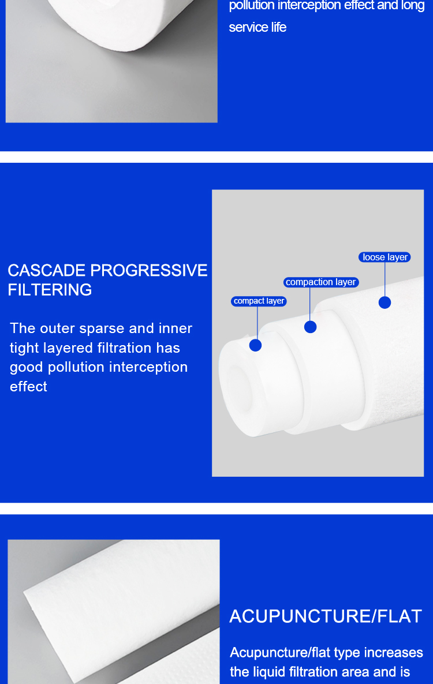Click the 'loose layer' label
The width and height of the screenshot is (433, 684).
(385, 257)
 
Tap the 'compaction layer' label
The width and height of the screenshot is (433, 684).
(321, 282)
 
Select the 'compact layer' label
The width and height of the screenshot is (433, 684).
(259, 301)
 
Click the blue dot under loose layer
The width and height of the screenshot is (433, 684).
(385, 302)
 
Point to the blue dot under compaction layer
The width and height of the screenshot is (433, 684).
(311, 327)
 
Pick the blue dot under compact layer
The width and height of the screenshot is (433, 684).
(255, 345)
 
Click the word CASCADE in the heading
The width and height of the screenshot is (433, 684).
(47, 271)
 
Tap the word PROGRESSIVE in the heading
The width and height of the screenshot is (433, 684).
(149, 271)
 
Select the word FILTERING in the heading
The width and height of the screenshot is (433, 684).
(50, 290)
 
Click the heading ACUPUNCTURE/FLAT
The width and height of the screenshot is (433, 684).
(326, 616)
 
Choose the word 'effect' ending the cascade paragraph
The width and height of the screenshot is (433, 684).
(28, 387)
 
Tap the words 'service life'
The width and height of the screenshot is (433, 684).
(257, 27)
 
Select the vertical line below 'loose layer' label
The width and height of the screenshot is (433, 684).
(385, 279)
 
